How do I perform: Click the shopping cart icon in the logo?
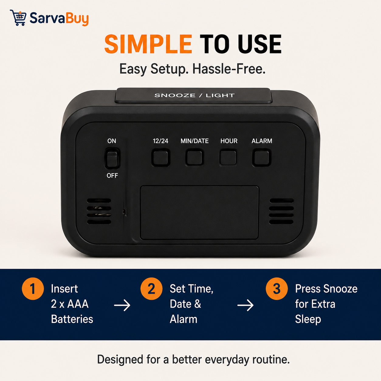[x=18, y=18]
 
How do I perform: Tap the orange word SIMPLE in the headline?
[x=148, y=44]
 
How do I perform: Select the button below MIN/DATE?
[x=194, y=158]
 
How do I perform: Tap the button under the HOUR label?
[x=228, y=158]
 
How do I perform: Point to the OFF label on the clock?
[x=112, y=175]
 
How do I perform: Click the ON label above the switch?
[x=112, y=141]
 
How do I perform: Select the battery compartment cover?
[x=199, y=213]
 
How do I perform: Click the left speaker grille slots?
[x=99, y=211]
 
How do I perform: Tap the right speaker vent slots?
[x=281, y=211]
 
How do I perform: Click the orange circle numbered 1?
[x=33, y=289]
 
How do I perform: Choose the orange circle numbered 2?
[x=151, y=289]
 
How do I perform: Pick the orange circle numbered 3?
[x=276, y=289]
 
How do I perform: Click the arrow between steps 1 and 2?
[x=122, y=305]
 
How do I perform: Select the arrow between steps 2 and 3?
[x=245, y=305]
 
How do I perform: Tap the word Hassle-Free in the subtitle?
[x=229, y=69]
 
